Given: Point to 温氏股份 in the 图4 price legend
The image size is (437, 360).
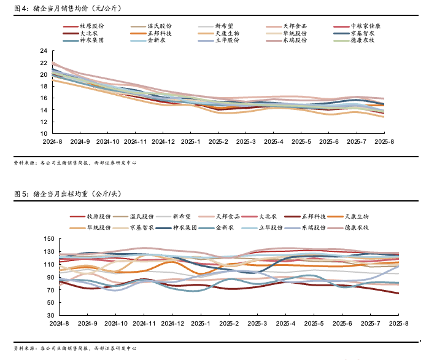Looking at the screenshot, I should (x=160, y=26).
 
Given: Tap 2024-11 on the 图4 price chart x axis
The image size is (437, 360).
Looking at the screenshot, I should (x=136, y=141).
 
